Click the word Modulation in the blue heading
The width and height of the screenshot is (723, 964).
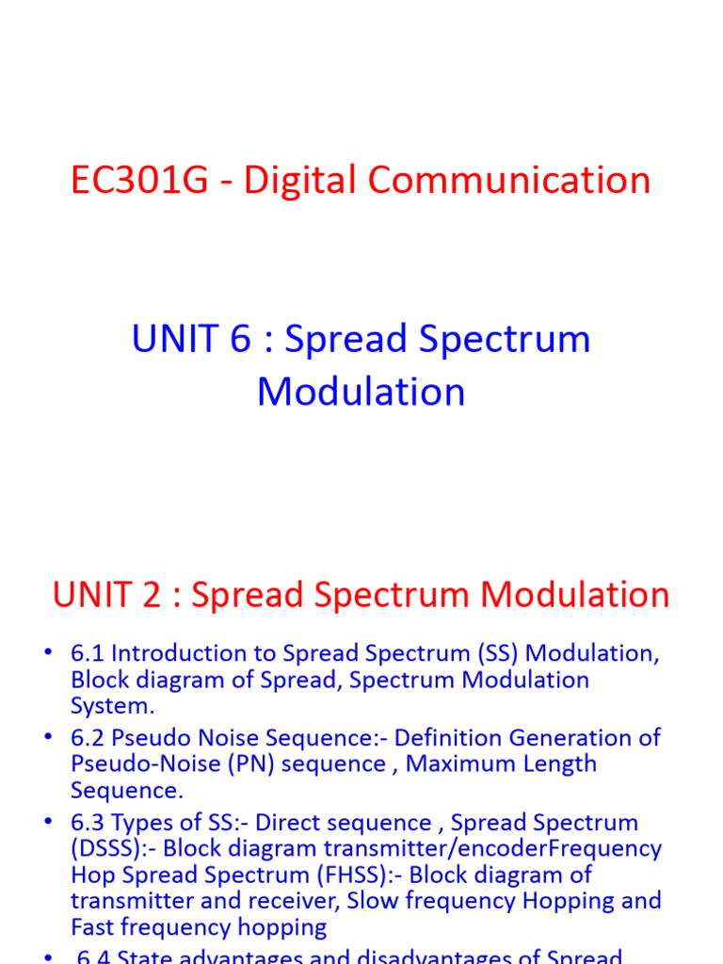click(x=361, y=392)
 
